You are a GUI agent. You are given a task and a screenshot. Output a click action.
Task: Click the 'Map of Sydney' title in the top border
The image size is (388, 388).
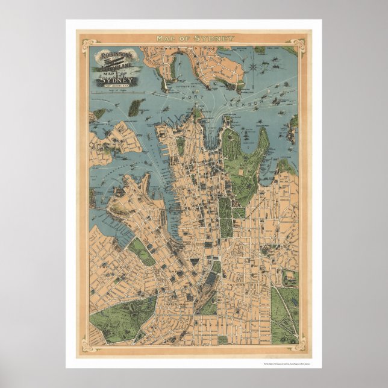pyautogui.click(x=195, y=39)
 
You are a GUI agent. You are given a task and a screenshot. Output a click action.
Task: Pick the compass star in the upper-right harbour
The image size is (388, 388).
pyautogui.click(x=255, y=64)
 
